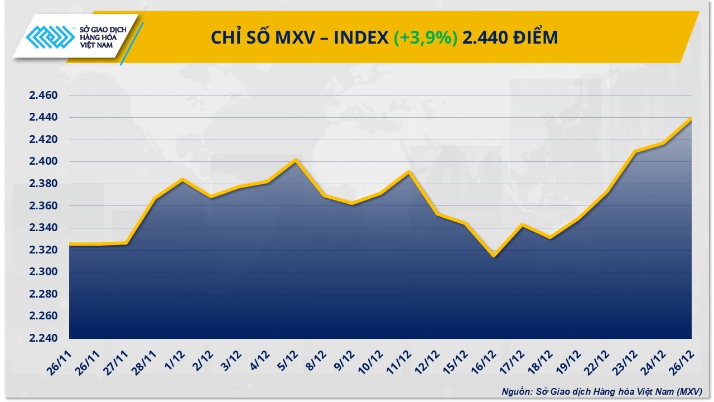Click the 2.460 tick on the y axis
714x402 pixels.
click(43, 95)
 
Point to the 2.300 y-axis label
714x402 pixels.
click(43, 272)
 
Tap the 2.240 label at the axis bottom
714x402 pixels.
click(43, 338)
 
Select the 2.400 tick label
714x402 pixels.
click(43, 162)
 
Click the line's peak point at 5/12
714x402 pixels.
click(296, 160)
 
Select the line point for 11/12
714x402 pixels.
click(409, 171)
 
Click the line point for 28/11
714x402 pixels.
click(154, 198)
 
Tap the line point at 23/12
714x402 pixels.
click(635, 151)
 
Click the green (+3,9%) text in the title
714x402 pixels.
click(426, 37)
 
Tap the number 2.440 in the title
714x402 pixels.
click(486, 37)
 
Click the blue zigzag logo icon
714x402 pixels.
click(50, 37)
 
